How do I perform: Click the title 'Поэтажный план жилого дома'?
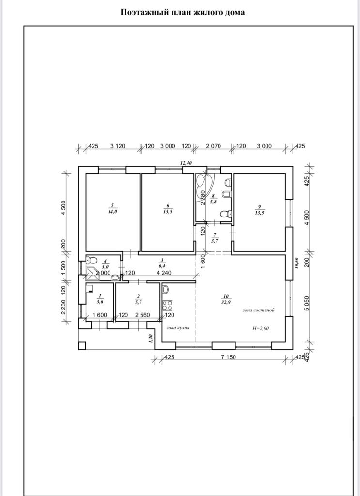[x=183, y=12]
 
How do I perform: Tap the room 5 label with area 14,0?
[x=112, y=209]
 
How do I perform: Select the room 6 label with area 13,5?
[x=168, y=209]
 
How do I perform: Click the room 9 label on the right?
[x=259, y=210]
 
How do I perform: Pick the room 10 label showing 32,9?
[x=226, y=299]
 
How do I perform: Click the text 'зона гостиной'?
[x=258, y=310]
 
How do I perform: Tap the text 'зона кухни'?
[x=178, y=328]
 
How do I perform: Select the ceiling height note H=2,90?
[x=261, y=328]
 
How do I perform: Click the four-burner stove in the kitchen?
[x=167, y=305]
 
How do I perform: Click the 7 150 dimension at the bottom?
[x=228, y=357]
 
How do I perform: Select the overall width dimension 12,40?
[x=187, y=163]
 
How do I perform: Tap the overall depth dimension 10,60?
[x=297, y=263]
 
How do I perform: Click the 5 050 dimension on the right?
[x=306, y=303]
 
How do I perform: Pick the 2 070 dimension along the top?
[x=214, y=146]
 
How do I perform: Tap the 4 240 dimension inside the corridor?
[x=164, y=273]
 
